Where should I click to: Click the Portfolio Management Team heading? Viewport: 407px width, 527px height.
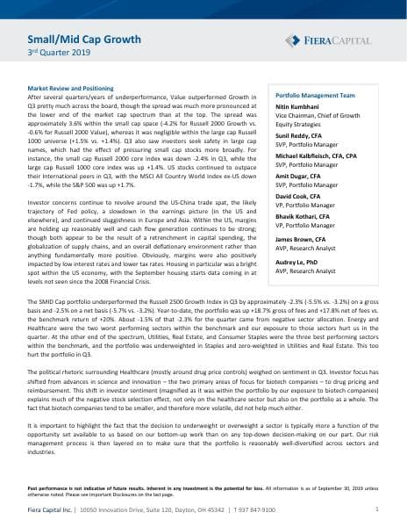pos(315,94)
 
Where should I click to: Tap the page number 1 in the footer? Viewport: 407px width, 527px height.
pos(376,509)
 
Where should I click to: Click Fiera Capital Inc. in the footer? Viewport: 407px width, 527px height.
pos(49,509)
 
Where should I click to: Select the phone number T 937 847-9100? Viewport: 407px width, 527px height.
pos(260,509)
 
